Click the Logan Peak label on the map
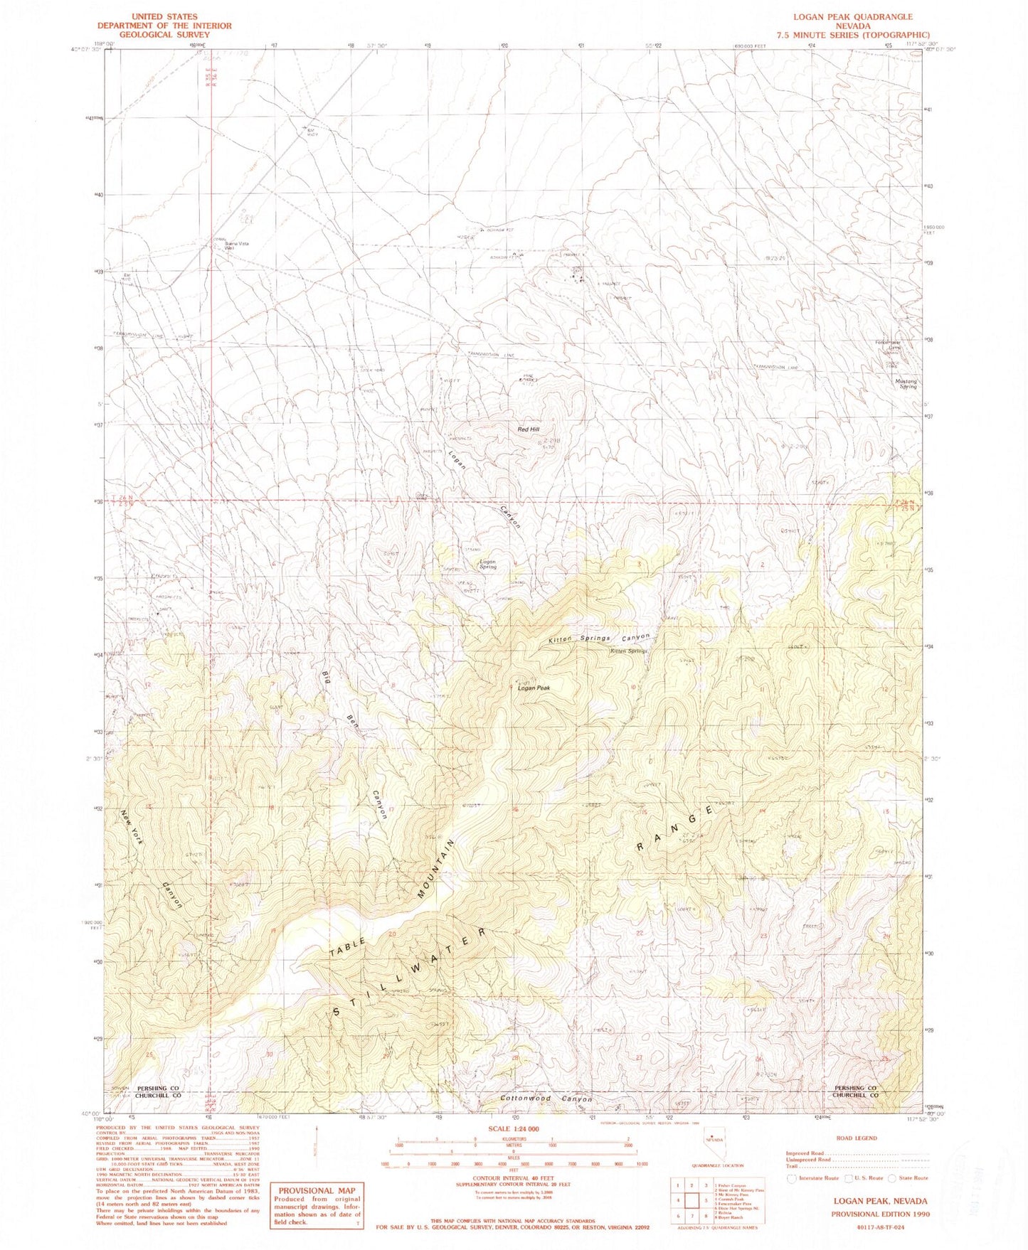tap(534, 688)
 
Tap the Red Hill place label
tap(529, 430)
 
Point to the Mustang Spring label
tap(906, 384)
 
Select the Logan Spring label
tap(487, 565)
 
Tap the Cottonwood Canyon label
tap(546, 1099)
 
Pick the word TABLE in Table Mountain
tap(349, 946)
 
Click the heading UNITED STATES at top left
tap(164, 16)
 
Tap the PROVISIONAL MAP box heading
tap(317, 1190)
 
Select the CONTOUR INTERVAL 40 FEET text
tap(514, 1177)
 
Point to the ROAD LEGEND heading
tap(857, 1138)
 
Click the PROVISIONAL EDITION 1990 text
tap(880, 1214)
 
